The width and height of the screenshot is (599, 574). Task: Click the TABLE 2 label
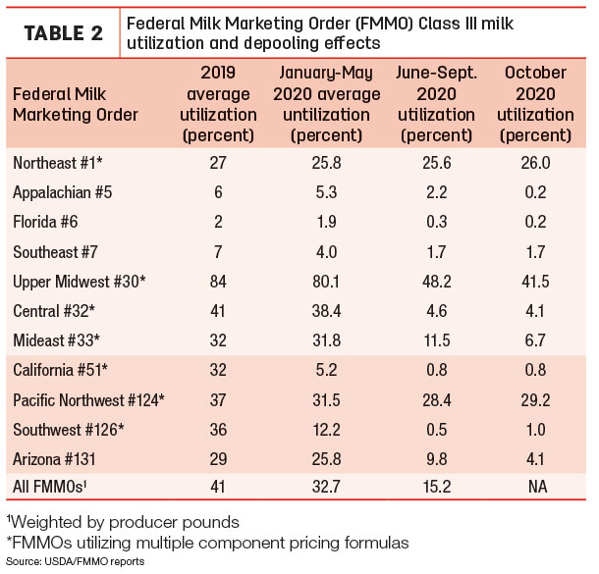point(64,33)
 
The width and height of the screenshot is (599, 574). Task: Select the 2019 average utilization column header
point(218,104)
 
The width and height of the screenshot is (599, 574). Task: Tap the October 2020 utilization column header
point(535,104)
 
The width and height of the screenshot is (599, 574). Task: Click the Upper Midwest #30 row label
point(80,282)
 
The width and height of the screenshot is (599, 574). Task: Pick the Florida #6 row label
point(45,222)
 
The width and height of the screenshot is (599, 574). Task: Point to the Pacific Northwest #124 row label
point(88,400)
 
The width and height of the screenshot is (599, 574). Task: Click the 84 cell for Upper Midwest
point(218,282)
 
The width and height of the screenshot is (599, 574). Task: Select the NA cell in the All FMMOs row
point(537,487)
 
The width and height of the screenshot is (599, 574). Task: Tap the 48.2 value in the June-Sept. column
point(437,282)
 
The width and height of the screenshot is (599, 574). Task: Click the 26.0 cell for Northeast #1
point(535,163)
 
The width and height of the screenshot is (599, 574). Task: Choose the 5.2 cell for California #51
point(326,370)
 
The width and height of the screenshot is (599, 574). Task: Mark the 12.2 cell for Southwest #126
point(326,430)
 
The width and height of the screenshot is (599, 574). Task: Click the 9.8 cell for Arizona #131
point(437,459)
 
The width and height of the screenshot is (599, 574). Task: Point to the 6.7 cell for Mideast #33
point(535,340)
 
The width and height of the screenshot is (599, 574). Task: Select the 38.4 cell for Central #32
point(326,311)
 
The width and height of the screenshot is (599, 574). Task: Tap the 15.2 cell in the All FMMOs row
point(437,487)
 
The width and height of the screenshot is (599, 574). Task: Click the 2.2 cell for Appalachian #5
point(437,192)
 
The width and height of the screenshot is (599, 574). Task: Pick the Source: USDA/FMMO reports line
point(76,562)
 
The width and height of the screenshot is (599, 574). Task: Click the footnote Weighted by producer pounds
point(123,522)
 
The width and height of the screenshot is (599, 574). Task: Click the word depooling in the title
point(282,43)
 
